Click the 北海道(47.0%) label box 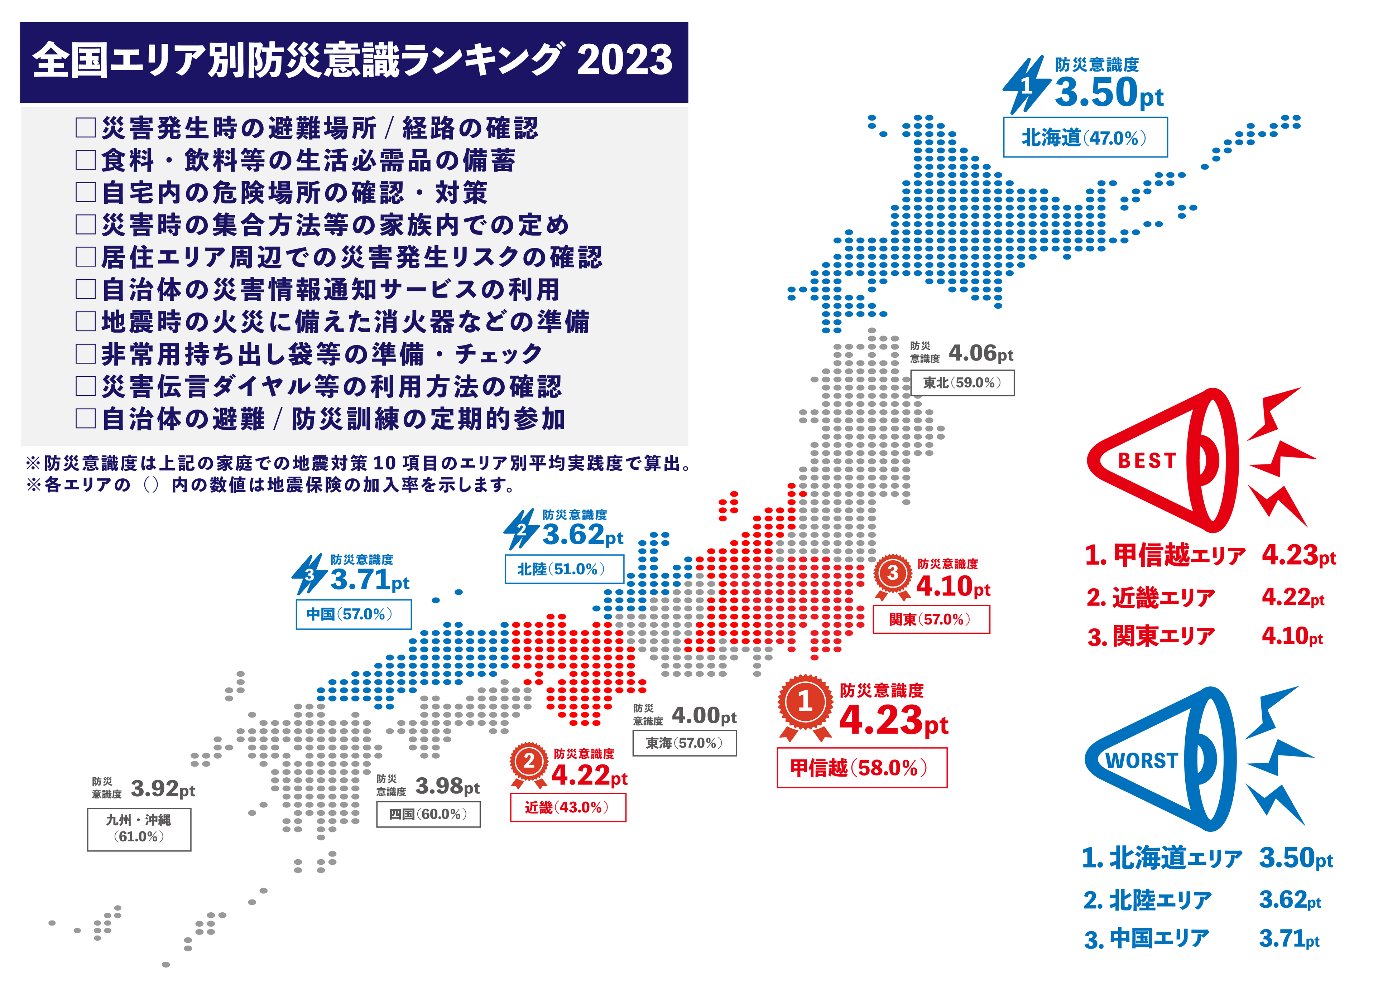pos(1085,137)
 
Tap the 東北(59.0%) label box pos(962,383)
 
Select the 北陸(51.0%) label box pos(564,569)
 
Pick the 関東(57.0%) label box pos(931,619)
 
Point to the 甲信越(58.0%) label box pos(861,768)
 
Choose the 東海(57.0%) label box pos(685,743)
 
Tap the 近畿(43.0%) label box pos(568,807)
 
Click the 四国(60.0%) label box pos(428,814)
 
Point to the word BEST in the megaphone pos(1148,461)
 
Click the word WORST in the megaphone pos(1142,761)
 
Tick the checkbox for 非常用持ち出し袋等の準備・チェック pos(86,354)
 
